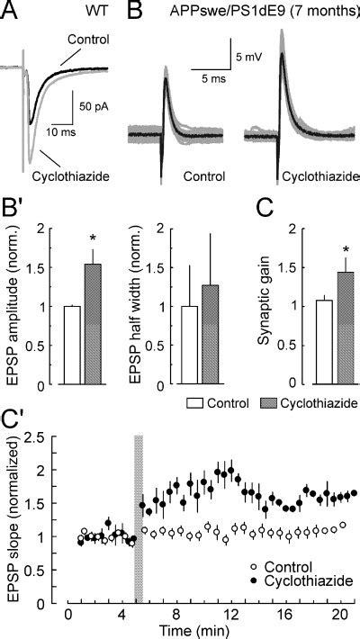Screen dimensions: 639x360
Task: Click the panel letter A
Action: (12, 12)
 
